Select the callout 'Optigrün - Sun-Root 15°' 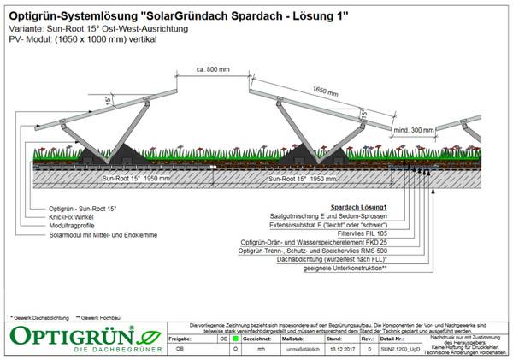coord(84,208)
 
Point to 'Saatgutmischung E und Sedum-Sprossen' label coord(328,216)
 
